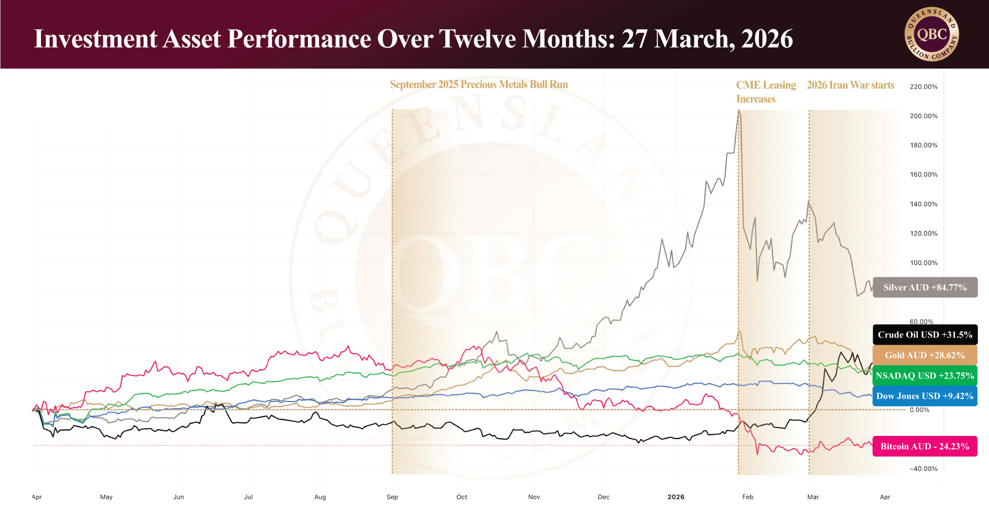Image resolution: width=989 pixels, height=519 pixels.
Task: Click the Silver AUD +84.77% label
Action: point(924,287)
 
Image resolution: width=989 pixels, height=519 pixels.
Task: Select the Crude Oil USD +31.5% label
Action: point(924,334)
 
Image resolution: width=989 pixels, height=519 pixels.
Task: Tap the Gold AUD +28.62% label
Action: point(924,355)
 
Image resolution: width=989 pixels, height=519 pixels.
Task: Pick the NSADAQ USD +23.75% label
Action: point(924,375)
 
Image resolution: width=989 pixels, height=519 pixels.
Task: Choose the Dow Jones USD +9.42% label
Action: point(924,396)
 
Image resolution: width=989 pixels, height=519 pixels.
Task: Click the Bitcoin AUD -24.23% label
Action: point(924,446)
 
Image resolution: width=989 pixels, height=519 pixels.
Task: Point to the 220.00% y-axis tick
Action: point(923,87)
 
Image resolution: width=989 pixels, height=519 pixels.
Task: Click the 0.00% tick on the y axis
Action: point(919,410)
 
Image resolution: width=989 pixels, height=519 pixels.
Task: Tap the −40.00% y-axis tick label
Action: point(923,469)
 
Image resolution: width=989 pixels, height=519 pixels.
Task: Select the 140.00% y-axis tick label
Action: point(923,204)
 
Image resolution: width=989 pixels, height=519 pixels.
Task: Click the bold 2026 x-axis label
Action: point(676,497)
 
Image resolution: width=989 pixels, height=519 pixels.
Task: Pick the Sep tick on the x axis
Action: point(392,497)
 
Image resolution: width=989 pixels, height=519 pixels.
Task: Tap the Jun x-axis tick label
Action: point(178,497)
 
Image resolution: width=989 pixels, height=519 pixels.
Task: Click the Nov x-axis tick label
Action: point(534,497)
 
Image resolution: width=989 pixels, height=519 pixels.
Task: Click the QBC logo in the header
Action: point(932,35)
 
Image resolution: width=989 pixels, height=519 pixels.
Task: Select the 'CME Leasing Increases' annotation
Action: point(766,92)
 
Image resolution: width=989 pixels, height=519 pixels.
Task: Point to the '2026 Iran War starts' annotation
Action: point(851,85)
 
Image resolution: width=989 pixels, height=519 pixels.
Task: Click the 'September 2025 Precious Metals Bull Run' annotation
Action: point(479,85)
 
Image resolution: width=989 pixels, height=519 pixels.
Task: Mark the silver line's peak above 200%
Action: point(738,110)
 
